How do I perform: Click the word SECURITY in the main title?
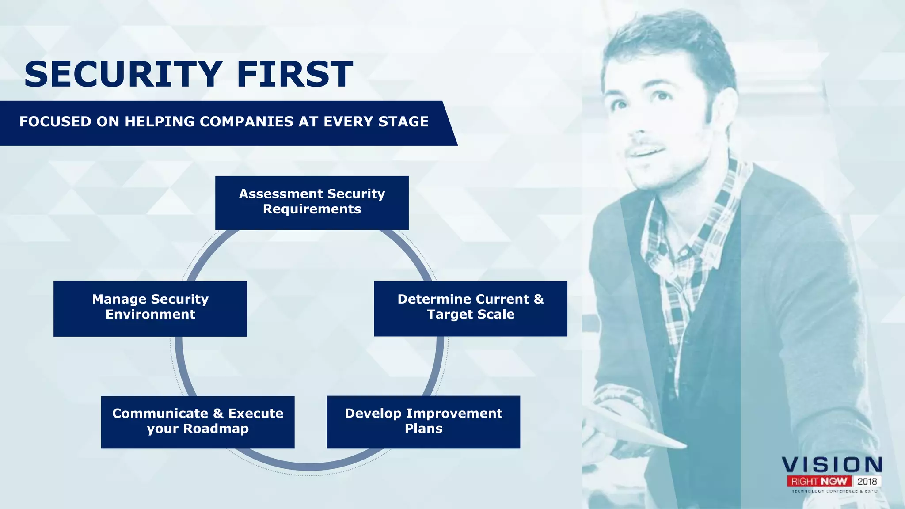click(x=123, y=74)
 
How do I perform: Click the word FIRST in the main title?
click(x=295, y=74)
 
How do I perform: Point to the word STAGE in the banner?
click(x=403, y=122)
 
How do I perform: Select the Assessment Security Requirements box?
click(x=312, y=202)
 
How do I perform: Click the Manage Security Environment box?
click(x=150, y=308)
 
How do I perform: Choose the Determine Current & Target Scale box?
click(x=470, y=308)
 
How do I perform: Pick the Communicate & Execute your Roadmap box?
click(x=198, y=422)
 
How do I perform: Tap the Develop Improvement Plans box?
click(x=423, y=422)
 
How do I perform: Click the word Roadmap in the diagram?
click(x=216, y=429)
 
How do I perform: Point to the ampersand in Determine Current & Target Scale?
click(x=539, y=299)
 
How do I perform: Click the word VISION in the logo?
click(x=832, y=465)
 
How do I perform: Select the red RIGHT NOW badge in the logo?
click(x=819, y=481)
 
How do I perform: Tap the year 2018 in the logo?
click(x=867, y=481)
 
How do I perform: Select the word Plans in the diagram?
click(x=423, y=429)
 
